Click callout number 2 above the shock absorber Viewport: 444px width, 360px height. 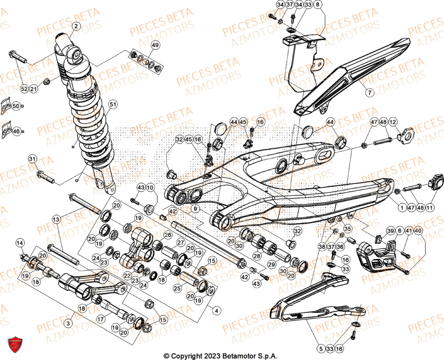(75, 27)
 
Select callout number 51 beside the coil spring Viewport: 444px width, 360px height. (113, 104)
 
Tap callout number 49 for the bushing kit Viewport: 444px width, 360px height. (155, 45)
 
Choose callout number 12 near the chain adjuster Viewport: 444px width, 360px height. (393, 121)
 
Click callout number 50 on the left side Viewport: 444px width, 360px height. (16, 106)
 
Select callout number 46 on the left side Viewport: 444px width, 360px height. (16, 132)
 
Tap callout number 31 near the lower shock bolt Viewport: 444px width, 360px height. (32, 159)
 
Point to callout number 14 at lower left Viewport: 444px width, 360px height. (20, 243)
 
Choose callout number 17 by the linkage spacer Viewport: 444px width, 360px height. (101, 318)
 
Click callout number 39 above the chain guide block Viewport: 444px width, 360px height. (390, 230)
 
